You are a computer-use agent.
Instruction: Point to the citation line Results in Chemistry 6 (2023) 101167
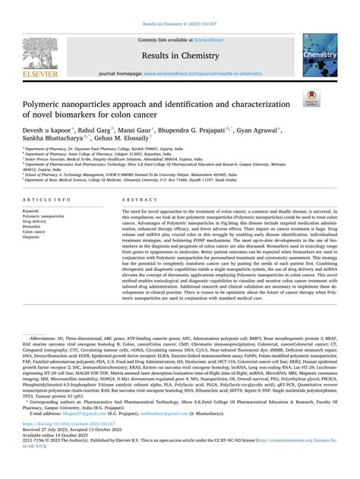(x=180, y=12)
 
